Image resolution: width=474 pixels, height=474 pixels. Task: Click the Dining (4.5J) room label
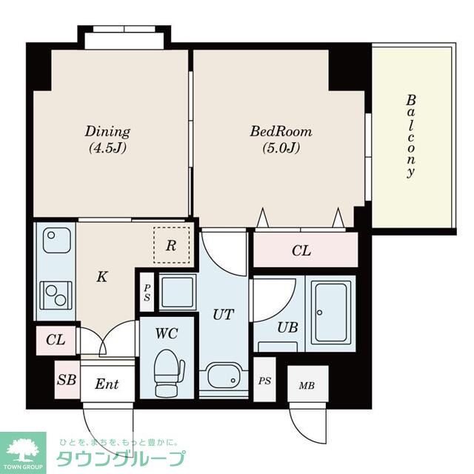107,139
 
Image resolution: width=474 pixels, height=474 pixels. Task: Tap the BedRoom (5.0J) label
281,139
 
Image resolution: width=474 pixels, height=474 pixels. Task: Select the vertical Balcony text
410,136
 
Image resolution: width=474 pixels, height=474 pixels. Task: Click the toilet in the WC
168,373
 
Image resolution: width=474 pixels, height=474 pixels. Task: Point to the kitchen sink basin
57,240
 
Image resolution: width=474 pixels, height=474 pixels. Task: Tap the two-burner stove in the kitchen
56,296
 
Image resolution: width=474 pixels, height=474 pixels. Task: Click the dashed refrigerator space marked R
171,245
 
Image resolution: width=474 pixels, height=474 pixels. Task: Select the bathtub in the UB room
331,312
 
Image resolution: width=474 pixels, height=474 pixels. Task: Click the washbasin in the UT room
223,375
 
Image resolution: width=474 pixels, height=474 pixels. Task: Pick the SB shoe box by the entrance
67,380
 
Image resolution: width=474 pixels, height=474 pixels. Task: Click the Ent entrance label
107,384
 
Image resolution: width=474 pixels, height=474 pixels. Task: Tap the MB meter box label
307,385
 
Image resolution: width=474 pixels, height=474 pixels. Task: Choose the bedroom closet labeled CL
305,250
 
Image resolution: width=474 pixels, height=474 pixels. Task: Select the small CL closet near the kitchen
56,340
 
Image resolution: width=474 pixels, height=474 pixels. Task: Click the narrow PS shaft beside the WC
147,292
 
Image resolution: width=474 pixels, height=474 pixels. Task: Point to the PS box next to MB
264,380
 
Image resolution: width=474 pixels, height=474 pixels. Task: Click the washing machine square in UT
178,292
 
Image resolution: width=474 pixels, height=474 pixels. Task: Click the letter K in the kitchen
102,276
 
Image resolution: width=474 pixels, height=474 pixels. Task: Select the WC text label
166,333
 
